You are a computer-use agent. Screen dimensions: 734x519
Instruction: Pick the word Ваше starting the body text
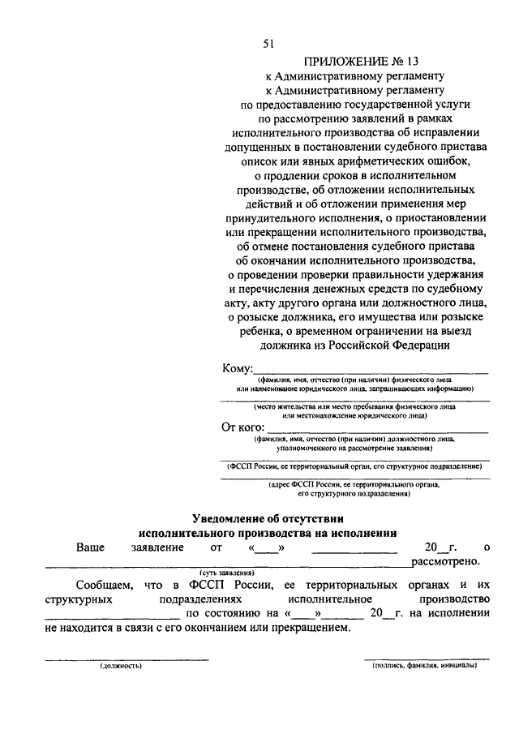(x=90, y=548)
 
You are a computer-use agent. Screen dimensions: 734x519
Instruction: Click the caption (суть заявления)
(x=227, y=572)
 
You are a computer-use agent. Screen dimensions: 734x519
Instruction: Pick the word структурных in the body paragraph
(x=76, y=599)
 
